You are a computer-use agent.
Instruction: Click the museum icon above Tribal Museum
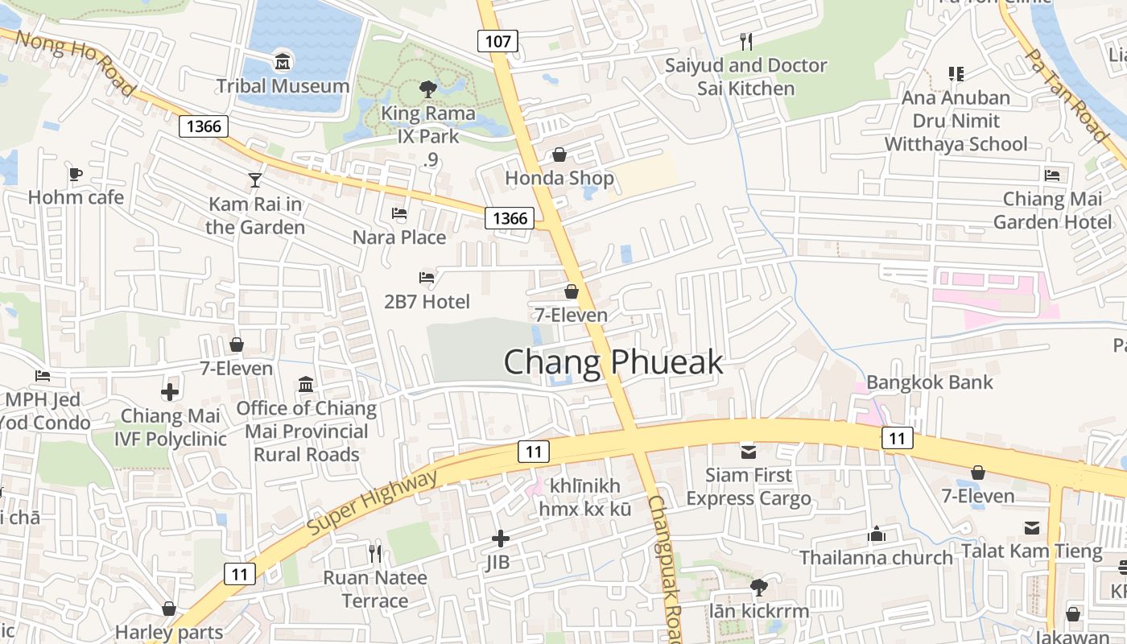(283, 60)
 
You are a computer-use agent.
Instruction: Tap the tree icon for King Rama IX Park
(427, 89)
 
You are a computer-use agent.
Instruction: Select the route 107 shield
(497, 40)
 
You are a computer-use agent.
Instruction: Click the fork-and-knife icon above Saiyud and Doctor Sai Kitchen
(746, 41)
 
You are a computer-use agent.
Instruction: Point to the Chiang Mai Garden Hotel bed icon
(1052, 175)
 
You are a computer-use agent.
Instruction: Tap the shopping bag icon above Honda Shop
(559, 155)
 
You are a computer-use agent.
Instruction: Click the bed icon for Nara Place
(399, 213)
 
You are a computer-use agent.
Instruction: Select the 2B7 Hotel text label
(427, 302)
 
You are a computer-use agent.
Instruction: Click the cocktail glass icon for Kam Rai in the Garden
(255, 180)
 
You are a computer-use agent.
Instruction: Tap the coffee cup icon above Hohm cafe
(75, 174)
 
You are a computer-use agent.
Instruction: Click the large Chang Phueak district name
(613, 363)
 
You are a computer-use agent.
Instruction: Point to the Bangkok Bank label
(930, 382)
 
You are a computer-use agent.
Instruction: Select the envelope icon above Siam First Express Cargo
(749, 452)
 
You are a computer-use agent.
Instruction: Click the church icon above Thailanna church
(876, 534)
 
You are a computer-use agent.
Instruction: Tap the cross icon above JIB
(500, 539)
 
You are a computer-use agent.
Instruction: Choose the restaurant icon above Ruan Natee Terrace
(375, 553)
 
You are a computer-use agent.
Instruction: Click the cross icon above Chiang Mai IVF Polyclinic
(170, 392)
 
